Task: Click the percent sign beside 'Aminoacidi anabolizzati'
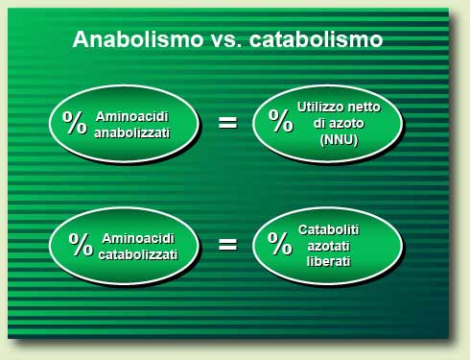(x=75, y=122)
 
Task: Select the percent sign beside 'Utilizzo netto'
(x=281, y=121)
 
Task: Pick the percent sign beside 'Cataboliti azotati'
(x=280, y=244)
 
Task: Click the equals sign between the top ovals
(x=227, y=122)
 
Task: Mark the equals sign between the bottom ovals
(x=227, y=244)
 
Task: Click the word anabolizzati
(x=132, y=132)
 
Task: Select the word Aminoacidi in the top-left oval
(x=132, y=115)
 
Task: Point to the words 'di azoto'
(x=336, y=124)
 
